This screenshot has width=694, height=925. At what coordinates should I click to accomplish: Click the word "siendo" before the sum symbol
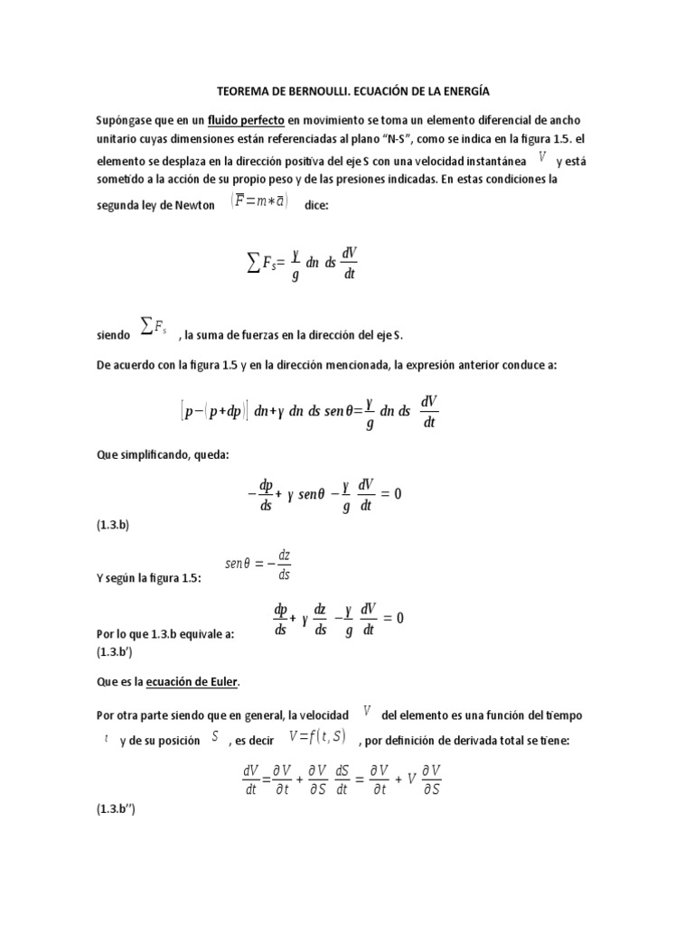coord(113,335)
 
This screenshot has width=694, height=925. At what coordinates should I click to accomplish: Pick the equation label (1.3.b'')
coord(117,810)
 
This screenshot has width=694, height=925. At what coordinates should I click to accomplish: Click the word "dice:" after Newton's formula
coord(317,205)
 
